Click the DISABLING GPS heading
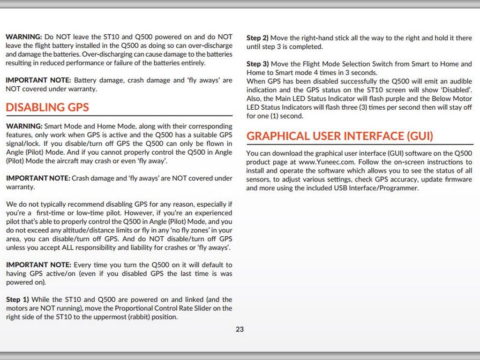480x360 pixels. [x=47, y=107]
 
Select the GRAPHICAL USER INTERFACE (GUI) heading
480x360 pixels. [x=340, y=136]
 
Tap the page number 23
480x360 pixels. [x=240, y=329]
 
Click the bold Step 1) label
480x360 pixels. [x=17, y=300]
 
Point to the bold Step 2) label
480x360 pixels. [x=257, y=38]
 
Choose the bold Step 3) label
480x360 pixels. [x=257, y=64]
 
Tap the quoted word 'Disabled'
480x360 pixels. [x=456, y=90]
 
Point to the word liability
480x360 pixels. [x=162, y=247]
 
